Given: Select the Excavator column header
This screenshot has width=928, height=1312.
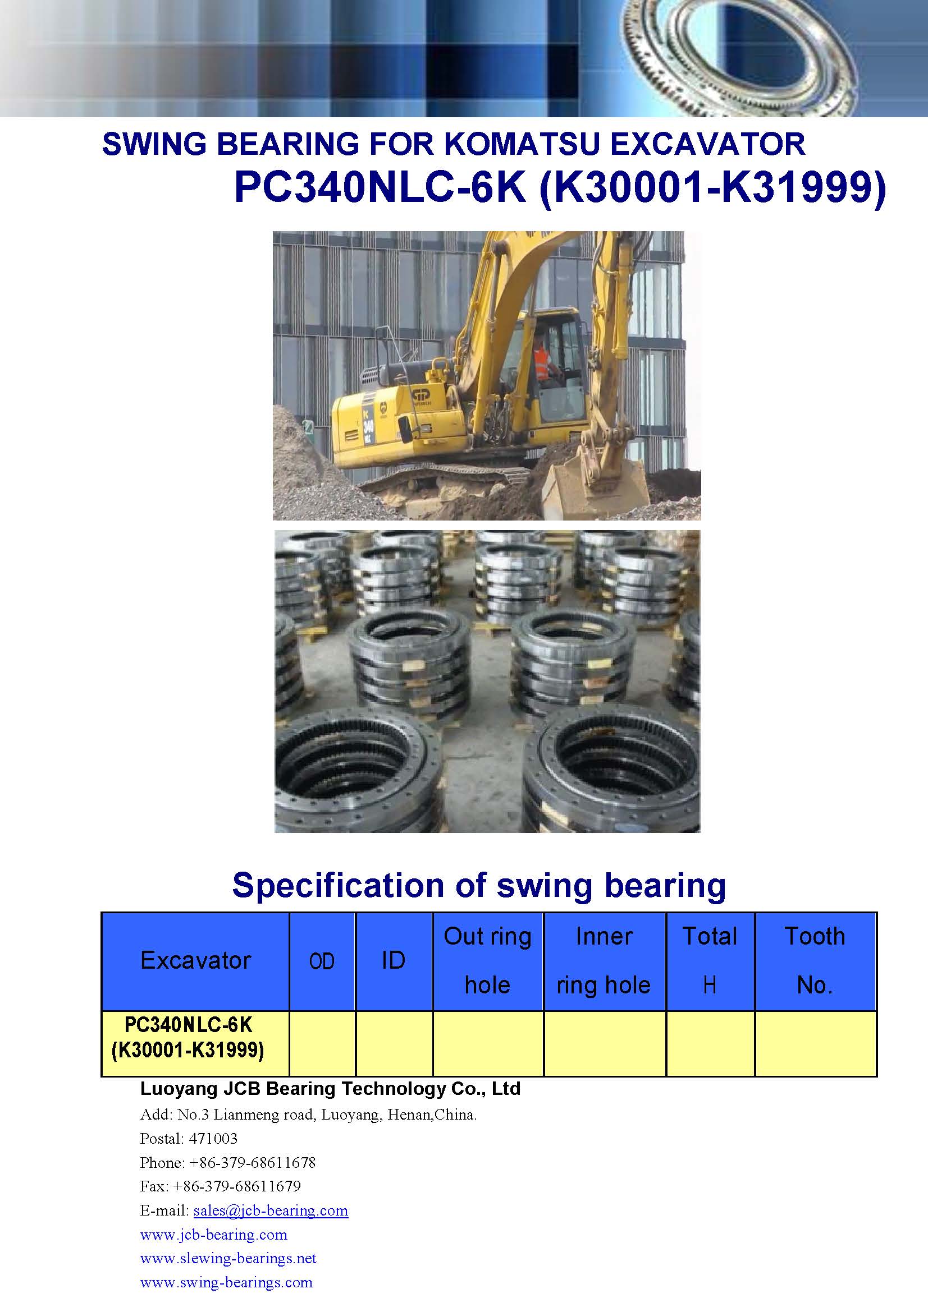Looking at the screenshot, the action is pos(195,960).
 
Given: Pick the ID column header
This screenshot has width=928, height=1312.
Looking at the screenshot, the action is pos(394,960).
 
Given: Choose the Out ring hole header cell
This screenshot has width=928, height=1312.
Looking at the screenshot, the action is pos(488,960).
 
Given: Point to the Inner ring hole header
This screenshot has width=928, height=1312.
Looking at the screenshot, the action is pos(604,960).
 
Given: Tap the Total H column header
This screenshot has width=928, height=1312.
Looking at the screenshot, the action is pos(710,960).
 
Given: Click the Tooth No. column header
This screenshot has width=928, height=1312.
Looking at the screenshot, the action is pos(815,960).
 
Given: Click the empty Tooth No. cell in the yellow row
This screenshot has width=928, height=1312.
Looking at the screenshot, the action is pos(816,1044).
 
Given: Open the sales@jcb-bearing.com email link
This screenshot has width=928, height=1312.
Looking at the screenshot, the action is pos(271,1210).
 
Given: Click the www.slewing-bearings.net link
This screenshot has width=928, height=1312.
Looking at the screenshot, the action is pos(228,1258).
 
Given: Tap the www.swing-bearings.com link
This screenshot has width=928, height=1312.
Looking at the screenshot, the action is pos(226,1282).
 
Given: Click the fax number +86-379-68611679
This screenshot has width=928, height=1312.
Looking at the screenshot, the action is pos(237,1186).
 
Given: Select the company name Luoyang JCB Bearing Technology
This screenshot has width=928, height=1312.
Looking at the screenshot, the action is pos(292,1089).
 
